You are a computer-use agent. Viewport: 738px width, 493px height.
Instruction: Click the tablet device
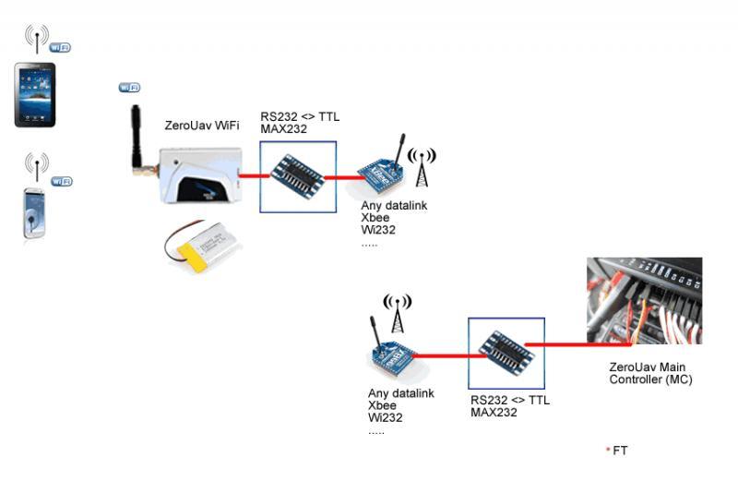click(35, 94)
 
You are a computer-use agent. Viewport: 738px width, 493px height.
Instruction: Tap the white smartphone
click(34, 213)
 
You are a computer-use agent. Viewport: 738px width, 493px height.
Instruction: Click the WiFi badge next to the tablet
click(60, 47)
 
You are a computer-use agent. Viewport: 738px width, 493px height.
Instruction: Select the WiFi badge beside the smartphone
click(61, 181)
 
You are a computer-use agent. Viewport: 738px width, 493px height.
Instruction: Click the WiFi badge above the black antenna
click(129, 88)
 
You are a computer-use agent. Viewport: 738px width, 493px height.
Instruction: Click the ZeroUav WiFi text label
click(201, 126)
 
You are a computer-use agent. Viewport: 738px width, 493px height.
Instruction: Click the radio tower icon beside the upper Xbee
click(422, 165)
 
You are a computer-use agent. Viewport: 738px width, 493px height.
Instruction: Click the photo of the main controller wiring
click(644, 301)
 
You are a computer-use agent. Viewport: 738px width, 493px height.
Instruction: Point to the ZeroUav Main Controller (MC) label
click(649, 373)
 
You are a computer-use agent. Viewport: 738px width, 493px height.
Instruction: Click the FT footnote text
click(619, 451)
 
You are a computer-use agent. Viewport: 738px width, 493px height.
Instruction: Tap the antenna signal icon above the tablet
click(37, 37)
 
